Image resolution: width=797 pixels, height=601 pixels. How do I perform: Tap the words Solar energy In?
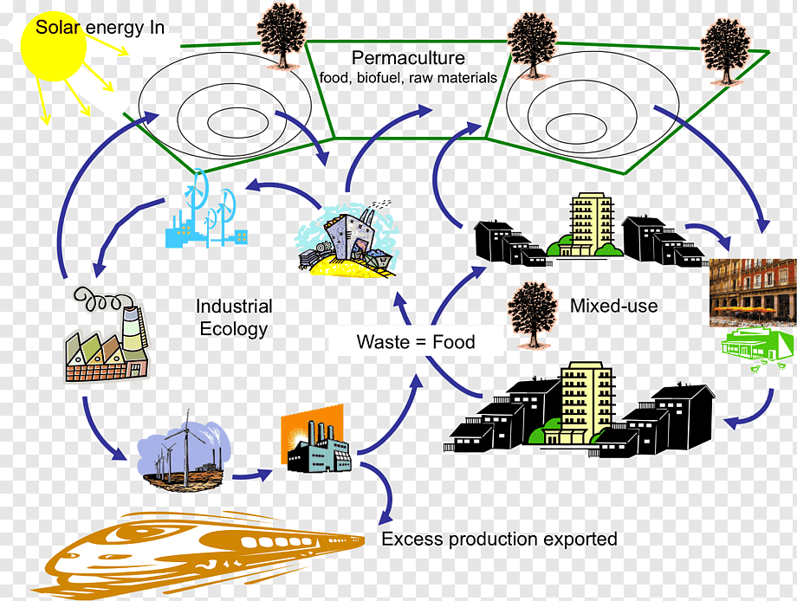pos(100,28)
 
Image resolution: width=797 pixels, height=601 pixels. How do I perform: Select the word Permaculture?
pos(408,59)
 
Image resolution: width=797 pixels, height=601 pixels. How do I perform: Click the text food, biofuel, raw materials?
pos(408,78)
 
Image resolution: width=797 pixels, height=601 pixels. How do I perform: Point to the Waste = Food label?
pos(416,342)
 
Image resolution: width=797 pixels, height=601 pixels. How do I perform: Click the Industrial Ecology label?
pos(234,318)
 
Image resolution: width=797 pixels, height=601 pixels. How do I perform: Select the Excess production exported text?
pos(499,540)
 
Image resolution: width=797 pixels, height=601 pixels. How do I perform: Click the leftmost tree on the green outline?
pos(282,35)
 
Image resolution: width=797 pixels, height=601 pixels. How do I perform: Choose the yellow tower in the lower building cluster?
pos(587,403)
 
